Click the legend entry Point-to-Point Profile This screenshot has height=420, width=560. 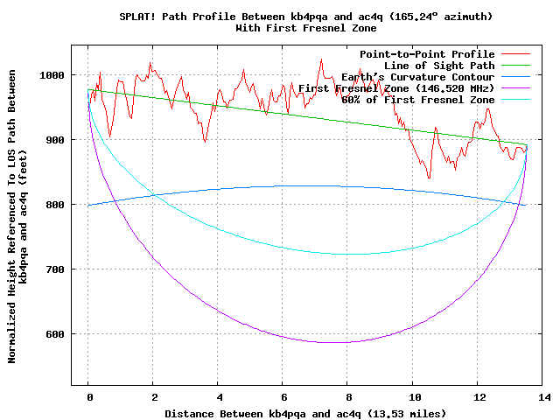click(427, 54)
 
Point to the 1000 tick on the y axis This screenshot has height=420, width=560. click(52, 75)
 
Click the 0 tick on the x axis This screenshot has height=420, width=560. click(88, 397)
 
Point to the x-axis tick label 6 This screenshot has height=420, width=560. click(283, 397)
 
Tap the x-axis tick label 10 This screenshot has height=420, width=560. click(413, 397)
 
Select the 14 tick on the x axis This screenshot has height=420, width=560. click(542, 397)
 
